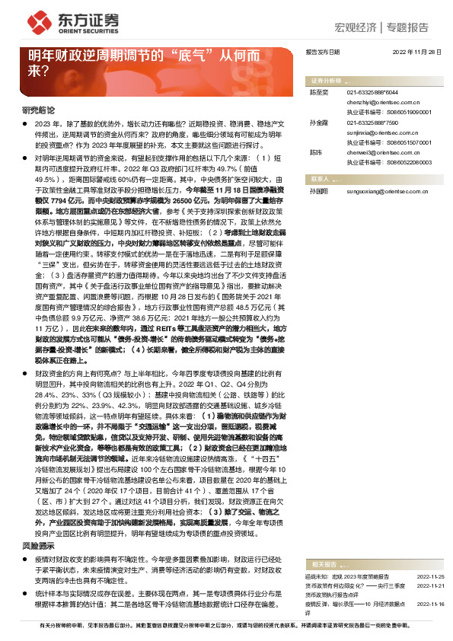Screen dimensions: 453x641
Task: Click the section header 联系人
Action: pos(320,177)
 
